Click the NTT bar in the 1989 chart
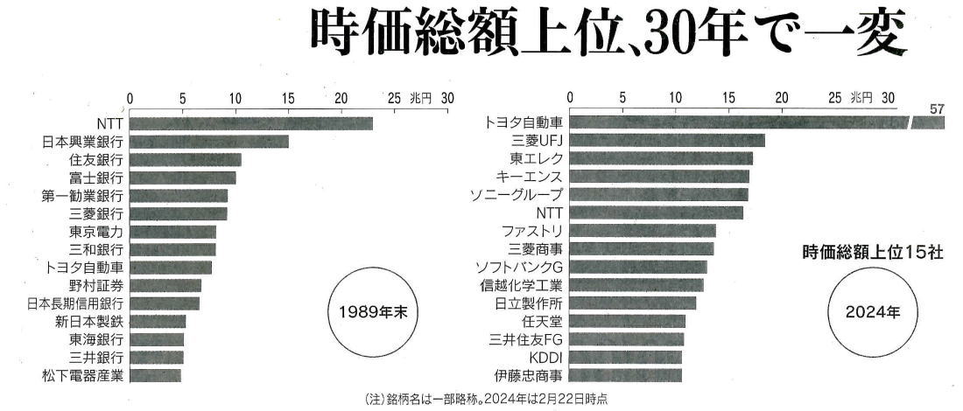(x=250, y=123)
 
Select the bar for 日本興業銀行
(x=208, y=142)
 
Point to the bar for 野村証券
(x=165, y=286)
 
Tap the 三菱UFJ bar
(x=667, y=141)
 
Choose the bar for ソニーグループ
(x=659, y=194)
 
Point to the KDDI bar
(x=625, y=357)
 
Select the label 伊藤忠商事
(x=531, y=375)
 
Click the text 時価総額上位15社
(x=872, y=252)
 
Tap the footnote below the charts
(x=484, y=399)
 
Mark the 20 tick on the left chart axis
(x=341, y=97)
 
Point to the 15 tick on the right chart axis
(x=728, y=97)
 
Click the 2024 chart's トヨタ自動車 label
(x=524, y=123)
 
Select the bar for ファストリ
(x=643, y=231)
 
